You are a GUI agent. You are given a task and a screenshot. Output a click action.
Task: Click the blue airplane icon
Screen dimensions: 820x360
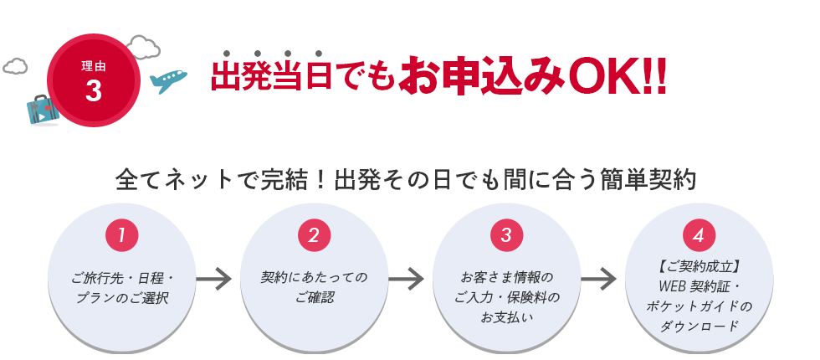(x=168, y=81)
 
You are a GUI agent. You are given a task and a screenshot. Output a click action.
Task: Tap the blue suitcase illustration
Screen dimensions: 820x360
(x=43, y=110)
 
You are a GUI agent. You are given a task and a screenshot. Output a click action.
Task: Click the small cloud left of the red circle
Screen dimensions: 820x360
(x=15, y=66)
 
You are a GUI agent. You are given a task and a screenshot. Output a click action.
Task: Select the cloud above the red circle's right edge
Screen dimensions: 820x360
(x=143, y=47)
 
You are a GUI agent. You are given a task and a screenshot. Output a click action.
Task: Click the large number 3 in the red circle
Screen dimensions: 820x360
(x=93, y=90)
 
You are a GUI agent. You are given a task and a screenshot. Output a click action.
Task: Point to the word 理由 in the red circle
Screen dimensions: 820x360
(x=94, y=66)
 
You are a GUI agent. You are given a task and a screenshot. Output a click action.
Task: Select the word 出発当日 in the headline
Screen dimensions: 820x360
(x=272, y=77)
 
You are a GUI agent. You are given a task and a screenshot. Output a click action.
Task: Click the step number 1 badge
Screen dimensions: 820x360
(x=122, y=235)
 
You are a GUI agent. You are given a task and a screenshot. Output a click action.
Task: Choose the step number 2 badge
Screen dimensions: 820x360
(x=315, y=235)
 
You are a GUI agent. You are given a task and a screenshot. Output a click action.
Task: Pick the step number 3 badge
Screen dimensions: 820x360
(x=507, y=235)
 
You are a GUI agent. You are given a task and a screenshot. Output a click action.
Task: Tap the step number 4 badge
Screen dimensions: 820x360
(x=700, y=235)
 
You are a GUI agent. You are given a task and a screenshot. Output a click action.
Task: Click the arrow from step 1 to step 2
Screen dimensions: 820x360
(x=214, y=279)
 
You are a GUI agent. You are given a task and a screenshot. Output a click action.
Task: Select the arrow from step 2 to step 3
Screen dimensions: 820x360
(x=407, y=279)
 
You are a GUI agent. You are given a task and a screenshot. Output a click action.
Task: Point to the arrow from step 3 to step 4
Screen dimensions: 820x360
(x=599, y=279)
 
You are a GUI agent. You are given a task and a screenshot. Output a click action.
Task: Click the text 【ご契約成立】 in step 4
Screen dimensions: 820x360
(x=700, y=267)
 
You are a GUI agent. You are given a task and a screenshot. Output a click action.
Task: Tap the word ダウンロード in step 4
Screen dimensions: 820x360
(x=700, y=327)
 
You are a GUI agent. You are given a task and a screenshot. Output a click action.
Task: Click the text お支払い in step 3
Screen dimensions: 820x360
(x=507, y=317)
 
